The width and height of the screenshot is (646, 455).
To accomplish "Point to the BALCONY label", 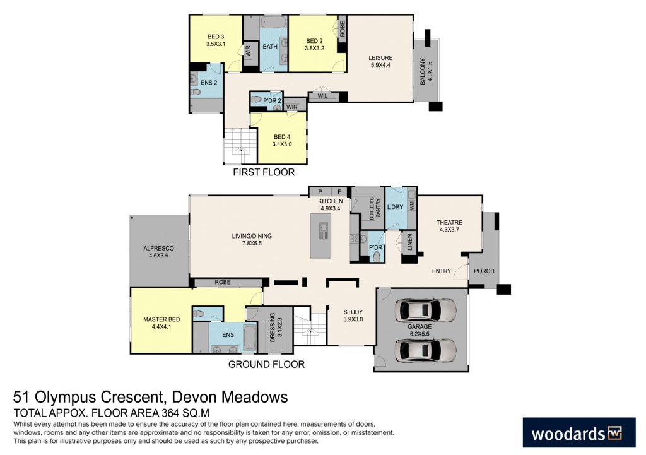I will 426,73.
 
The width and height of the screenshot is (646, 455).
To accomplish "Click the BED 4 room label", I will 282,141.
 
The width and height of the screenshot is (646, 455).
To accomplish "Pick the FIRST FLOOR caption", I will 264,172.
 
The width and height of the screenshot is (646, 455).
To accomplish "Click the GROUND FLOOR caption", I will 266,364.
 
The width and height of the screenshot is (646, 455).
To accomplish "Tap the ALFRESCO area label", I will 158,252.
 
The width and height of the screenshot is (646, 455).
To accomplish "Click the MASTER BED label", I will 158,323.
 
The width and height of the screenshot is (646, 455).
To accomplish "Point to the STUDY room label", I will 353,316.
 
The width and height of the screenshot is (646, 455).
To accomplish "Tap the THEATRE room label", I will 449,226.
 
